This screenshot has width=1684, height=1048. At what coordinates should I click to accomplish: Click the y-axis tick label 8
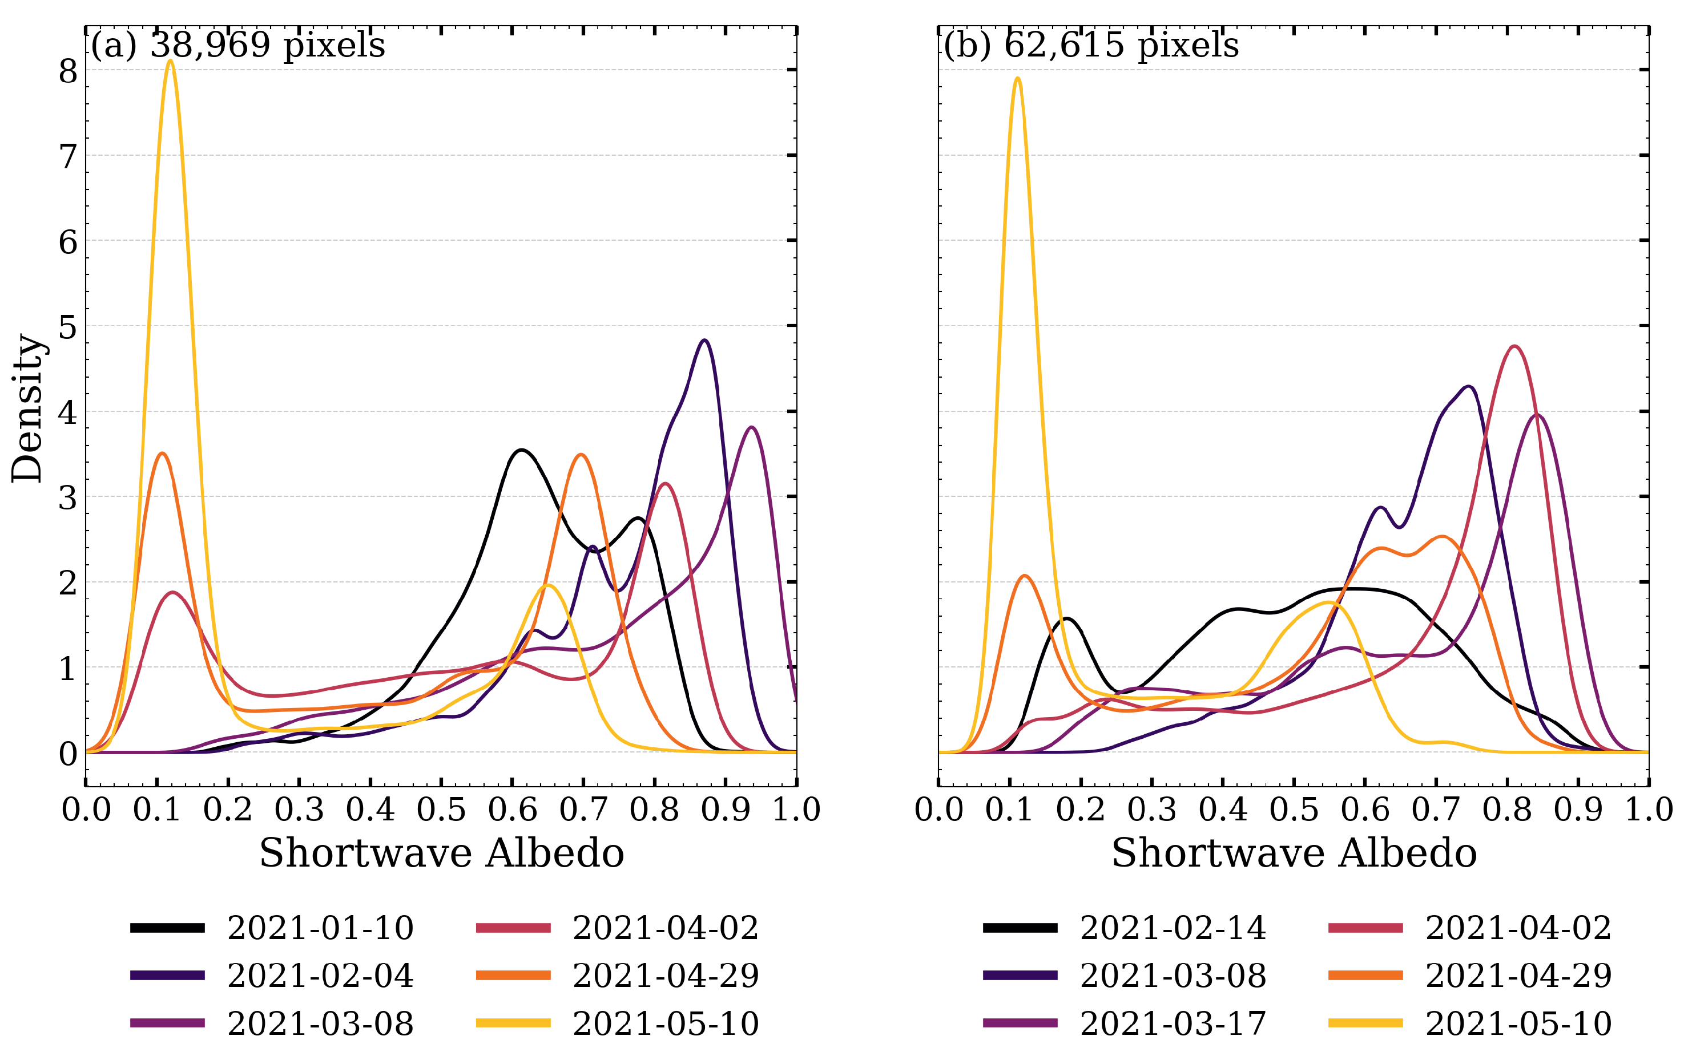pyautogui.click(x=68, y=71)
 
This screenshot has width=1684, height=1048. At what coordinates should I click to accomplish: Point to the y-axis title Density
pyautogui.click(x=28, y=409)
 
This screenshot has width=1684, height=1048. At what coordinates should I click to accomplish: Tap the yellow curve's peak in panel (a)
pyautogui.click(x=170, y=61)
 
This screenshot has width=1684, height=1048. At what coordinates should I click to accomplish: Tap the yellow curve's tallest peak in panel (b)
pyautogui.click(x=1017, y=78)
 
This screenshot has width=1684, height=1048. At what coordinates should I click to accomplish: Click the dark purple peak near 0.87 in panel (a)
pyautogui.click(x=704, y=341)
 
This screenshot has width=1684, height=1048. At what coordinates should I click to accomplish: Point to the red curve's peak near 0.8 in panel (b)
pyautogui.click(x=1515, y=346)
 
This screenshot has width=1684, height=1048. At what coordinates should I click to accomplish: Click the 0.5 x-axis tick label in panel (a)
pyautogui.click(x=441, y=810)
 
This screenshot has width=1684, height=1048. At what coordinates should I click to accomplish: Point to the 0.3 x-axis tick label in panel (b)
pyautogui.click(x=1151, y=810)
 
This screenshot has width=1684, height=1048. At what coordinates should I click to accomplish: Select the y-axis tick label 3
pyautogui.click(x=68, y=497)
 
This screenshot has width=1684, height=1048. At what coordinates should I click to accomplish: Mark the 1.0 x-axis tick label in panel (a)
pyautogui.click(x=796, y=810)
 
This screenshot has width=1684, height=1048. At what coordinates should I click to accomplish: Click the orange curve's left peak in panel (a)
pyautogui.click(x=162, y=454)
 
